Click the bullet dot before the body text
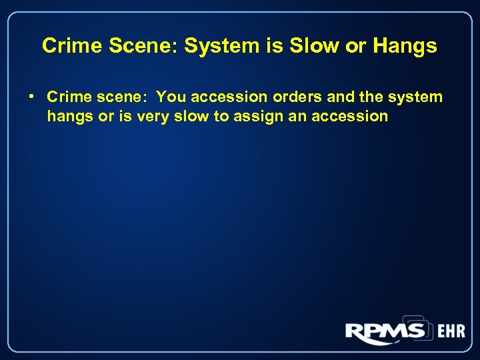coord(32,97)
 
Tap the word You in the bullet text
coord(171,97)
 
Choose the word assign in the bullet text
coord(259,117)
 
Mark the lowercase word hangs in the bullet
coord(70,117)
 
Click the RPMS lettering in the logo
coord(385,331)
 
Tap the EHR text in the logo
coord(450,331)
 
